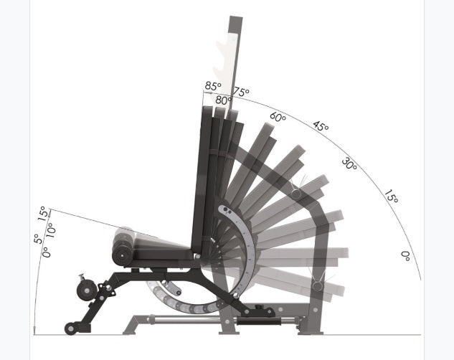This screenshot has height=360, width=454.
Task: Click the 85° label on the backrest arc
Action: pyautogui.click(x=212, y=87)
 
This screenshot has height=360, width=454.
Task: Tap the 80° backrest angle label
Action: pyautogui.click(x=224, y=101)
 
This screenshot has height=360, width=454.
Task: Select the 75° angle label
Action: pyautogui.click(x=242, y=93)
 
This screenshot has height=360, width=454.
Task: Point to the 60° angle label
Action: pyautogui.click(x=278, y=115)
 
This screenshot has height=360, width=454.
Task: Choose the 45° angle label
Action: pyautogui.click(x=321, y=128)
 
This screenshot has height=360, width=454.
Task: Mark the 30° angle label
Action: pyautogui.click(x=349, y=164)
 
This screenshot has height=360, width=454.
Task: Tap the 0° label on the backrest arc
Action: pyautogui.click(x=406, y=255)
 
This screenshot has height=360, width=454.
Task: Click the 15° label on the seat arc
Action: pyautogui.click(x=42, y=213)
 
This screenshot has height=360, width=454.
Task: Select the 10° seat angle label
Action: pyautogui.click(x=51, y=229)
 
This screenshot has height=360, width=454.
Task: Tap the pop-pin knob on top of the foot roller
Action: pyautogui.click(x=82, y=275)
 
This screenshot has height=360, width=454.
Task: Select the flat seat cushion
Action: pyautogui.click(x=161, y=248)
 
